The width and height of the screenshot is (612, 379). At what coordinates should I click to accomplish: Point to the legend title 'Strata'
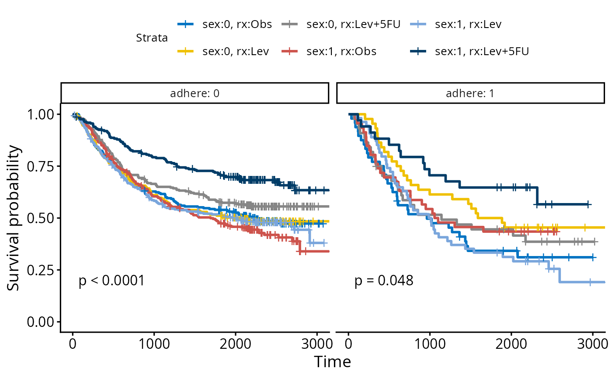click(152, 38)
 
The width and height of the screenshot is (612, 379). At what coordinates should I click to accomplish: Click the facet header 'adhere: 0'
click(195, 93)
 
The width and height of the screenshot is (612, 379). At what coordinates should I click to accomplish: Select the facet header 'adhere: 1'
click(470, 93)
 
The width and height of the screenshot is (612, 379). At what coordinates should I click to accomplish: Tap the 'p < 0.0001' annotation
click(111, 281)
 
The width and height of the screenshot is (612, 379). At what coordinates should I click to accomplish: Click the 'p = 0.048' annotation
click(384, 281)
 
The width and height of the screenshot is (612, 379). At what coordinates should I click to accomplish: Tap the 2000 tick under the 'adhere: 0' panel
click(235, 342)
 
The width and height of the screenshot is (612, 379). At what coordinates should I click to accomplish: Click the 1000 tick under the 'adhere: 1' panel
click(430, 342)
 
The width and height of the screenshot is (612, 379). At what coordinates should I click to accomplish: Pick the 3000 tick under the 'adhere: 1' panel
click(592, 342)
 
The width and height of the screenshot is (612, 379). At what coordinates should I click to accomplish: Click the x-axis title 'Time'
click(332, 362)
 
